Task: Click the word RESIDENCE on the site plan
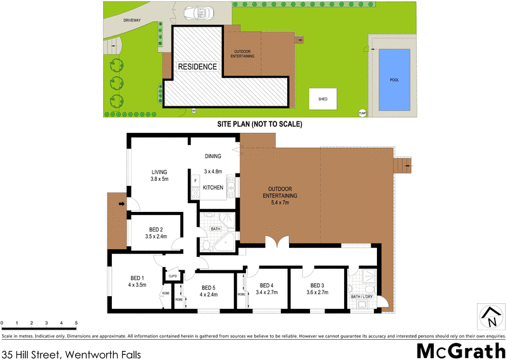pyautogui.click(x=197, y=66)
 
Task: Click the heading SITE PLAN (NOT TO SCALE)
pyautogui.click(x=260, y=124)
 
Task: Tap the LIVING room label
pyautogui.click(x=159, y=171)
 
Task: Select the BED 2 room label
pyautogui.click(x=156, y=229)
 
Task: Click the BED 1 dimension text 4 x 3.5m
pyautogui.click(x=137, y=285)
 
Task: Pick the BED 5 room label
pyautogui.click(x=208, y=287)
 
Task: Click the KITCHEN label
pyautogui.click(x=214, y=188)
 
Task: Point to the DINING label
pyautogui.click(x=213, y=156)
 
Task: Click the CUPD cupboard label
pyautogui.click(x=171, y=276)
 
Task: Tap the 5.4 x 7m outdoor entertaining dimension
pyautogui.click(x=280, y=203)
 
